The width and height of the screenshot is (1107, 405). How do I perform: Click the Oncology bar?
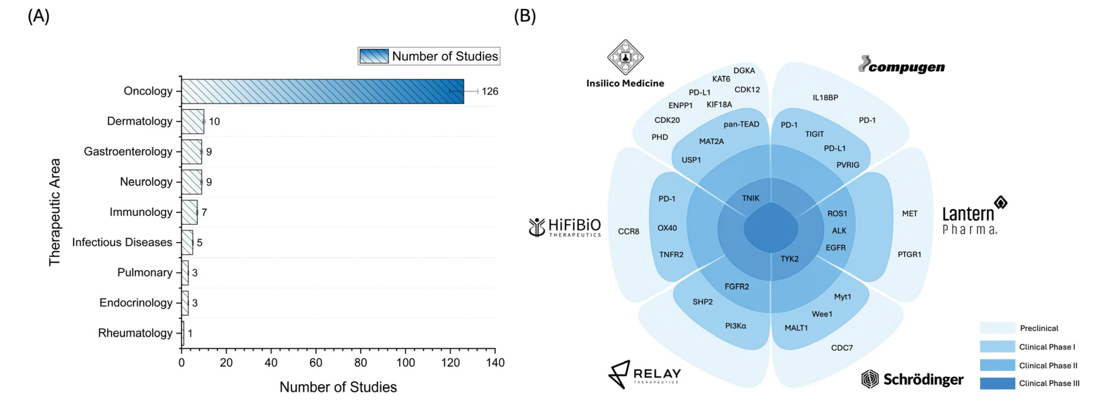point(322,91)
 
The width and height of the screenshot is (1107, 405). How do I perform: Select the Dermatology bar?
point(193,122)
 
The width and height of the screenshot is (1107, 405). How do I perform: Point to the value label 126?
point(489,92)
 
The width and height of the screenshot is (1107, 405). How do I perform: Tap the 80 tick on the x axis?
point(361,363)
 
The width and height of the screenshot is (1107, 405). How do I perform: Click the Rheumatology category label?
point(135,333)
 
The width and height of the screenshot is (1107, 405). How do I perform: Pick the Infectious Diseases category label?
point(122,242)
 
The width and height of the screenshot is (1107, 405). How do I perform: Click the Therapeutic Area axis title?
point(55,212)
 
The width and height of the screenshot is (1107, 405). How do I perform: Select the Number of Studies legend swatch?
point(373,56)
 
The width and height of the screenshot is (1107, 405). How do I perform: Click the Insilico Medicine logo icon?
point(625,57)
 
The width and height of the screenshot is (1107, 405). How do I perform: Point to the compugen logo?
point(902,66)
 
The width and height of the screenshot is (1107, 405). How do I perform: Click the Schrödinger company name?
point(923,379)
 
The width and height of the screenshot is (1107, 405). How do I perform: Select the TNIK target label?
point(750,198)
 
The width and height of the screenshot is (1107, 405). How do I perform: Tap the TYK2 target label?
point(790,258)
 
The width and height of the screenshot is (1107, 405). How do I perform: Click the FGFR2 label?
point(737,286)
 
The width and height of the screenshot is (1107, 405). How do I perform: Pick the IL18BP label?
point(825,97)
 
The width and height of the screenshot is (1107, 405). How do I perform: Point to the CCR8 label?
point(628,231)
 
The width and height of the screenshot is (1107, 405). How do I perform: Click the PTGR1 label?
point(909,254)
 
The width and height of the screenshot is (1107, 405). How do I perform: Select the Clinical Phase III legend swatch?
point(997,383)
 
